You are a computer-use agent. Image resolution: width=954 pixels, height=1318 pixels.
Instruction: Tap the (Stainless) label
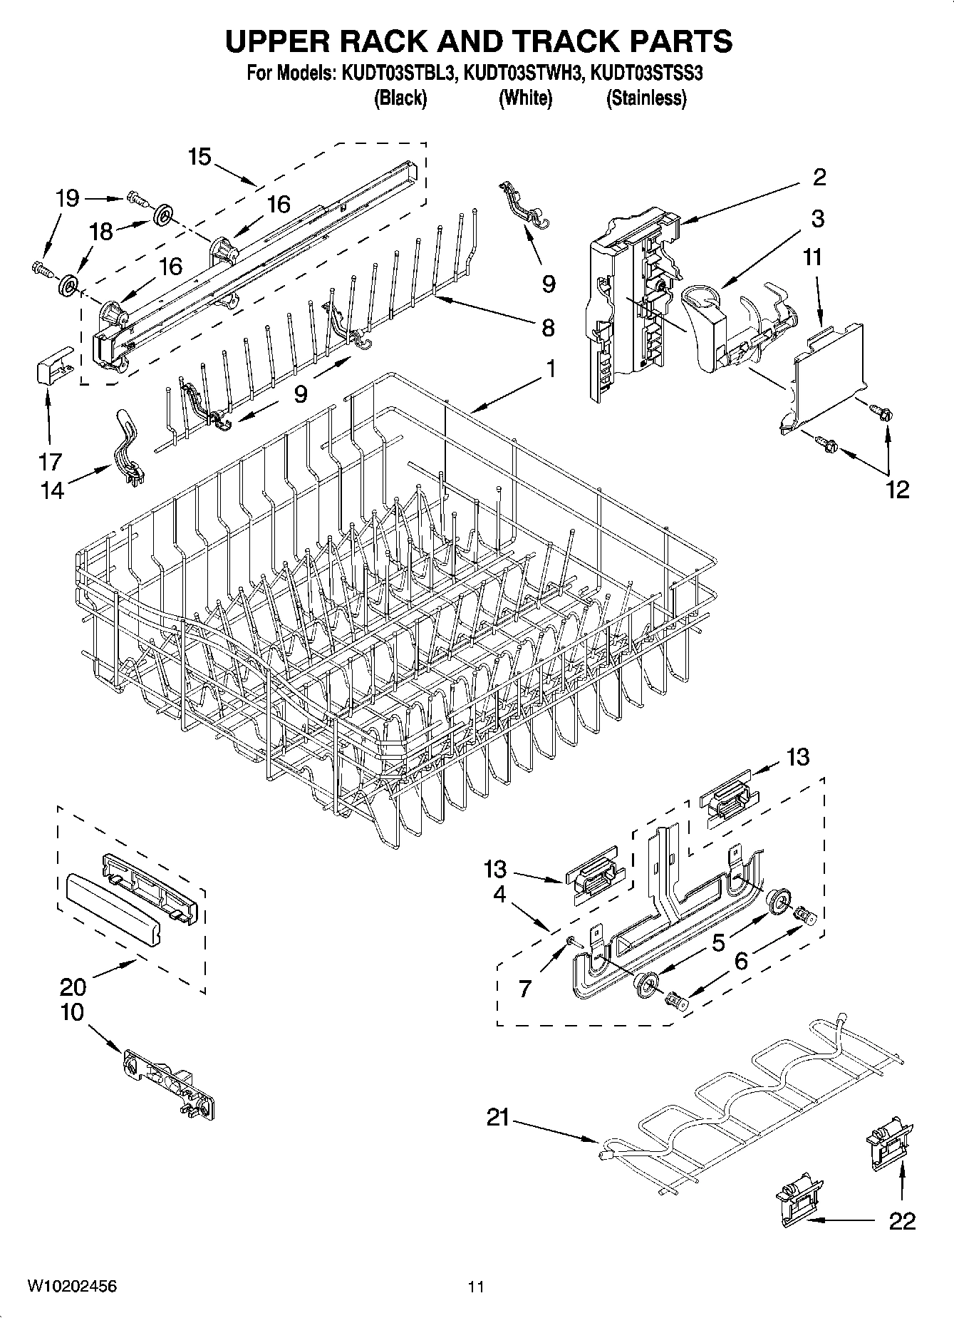pyautogui.click(x=645, y=98)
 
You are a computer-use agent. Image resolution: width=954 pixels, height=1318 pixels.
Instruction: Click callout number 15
pyautogui.click(x=200, y=156)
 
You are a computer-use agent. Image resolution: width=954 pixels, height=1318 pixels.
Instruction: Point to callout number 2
pyautogui.click(x=819, y=177)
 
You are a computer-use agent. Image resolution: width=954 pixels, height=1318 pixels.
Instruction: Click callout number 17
pyautogui.click(x=50, y=462)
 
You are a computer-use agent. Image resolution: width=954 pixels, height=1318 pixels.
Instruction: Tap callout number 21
pyautogui.click(x=498, y=1118)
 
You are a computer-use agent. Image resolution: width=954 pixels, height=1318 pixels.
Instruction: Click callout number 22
pyautogui.click(x=901, y=1221)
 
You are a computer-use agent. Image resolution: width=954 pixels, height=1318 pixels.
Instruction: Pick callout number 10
pyautogui.click(x=72, y=1012)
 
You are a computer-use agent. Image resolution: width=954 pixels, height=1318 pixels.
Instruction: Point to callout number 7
pyautogui.click(x=525, y=989)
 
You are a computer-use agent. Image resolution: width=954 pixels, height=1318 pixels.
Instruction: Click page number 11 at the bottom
pyautogui.click(x=476, y=1287)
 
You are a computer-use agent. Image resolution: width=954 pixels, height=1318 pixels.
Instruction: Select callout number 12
pyautogui.click(x=898, y=489)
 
